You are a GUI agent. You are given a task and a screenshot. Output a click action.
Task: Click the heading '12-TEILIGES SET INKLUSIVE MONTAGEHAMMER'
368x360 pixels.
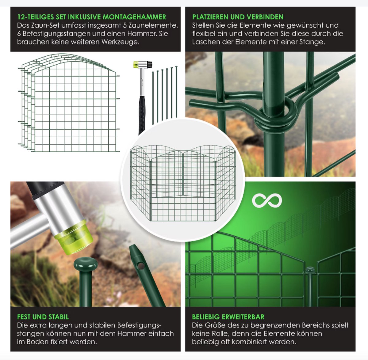click(92, 17)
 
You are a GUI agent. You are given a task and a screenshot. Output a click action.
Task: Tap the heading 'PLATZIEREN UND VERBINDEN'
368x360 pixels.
click(238, 17)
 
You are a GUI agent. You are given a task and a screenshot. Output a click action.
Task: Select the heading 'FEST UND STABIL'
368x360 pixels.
click(43, 317)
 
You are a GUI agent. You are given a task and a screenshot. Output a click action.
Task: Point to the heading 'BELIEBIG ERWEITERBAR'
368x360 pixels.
click(228, 317)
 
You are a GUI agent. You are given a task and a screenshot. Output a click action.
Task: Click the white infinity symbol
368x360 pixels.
click(267, 200)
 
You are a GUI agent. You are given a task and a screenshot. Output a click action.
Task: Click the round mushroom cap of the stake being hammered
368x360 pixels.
click(86, 263)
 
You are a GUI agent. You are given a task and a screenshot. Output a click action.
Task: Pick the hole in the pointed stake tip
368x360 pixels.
click(141, 265)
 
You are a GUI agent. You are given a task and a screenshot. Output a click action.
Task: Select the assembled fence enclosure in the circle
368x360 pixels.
click(183, 183)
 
